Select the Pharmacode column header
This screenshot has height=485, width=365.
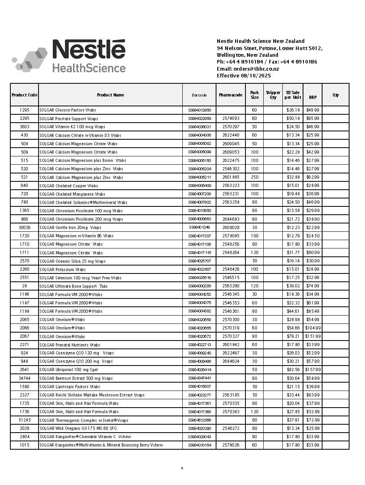pos(230,95)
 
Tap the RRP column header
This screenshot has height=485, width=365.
pos(313,97)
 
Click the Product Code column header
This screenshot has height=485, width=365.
pos(24,95)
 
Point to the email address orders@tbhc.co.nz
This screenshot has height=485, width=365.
pos(256,69)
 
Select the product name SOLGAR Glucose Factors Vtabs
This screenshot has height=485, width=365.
pos(68,110)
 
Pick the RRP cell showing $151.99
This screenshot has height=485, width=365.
pos(313,337)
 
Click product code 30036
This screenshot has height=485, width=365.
pos(24,227)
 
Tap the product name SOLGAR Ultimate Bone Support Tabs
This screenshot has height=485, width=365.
pos(73,286)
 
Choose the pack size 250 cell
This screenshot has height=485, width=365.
pos(254,177)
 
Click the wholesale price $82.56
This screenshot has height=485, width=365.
pos(293,370)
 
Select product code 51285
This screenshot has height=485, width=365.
pos(24,420)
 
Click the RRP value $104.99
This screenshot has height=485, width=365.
pos(313,328)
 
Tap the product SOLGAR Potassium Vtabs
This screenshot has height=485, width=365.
pos(62,269)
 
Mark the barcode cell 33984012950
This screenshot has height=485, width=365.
pos(199,110)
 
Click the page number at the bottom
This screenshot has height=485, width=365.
pos(182,468)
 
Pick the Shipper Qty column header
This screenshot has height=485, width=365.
pos(273,95)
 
